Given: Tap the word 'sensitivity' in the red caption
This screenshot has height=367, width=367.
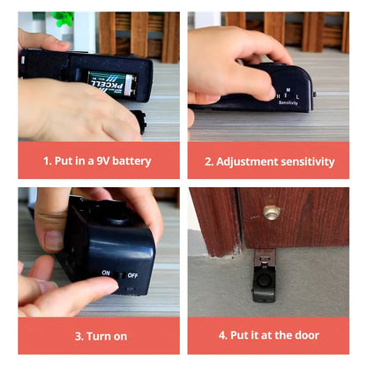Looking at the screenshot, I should tap(308, 161).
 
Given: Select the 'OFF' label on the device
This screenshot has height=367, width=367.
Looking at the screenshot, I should tap(132, 275).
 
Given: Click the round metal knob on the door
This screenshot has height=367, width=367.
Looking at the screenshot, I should tap(271, 213).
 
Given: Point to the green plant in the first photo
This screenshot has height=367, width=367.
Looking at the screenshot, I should tap(63, 19).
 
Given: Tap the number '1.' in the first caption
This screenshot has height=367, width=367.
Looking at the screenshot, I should tap(49, 161).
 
